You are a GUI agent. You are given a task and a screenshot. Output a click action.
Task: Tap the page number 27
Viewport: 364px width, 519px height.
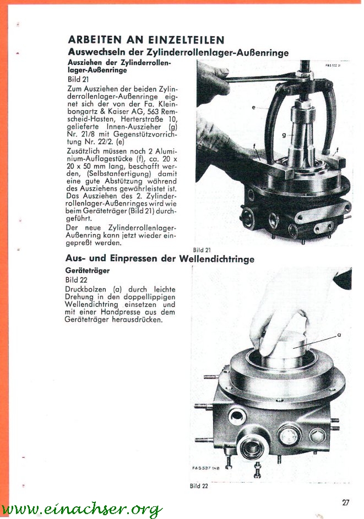[x=345, y=502]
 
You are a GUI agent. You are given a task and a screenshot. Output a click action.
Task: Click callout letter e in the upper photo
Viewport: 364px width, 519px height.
[x=254, y=107]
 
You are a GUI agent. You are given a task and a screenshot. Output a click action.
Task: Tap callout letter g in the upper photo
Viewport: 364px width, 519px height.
[x=284, y=134]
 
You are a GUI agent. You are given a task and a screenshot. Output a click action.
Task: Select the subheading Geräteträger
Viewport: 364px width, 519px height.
[x=87, y=271]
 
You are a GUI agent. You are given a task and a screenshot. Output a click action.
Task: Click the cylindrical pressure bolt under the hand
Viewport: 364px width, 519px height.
[x=286, y=353]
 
